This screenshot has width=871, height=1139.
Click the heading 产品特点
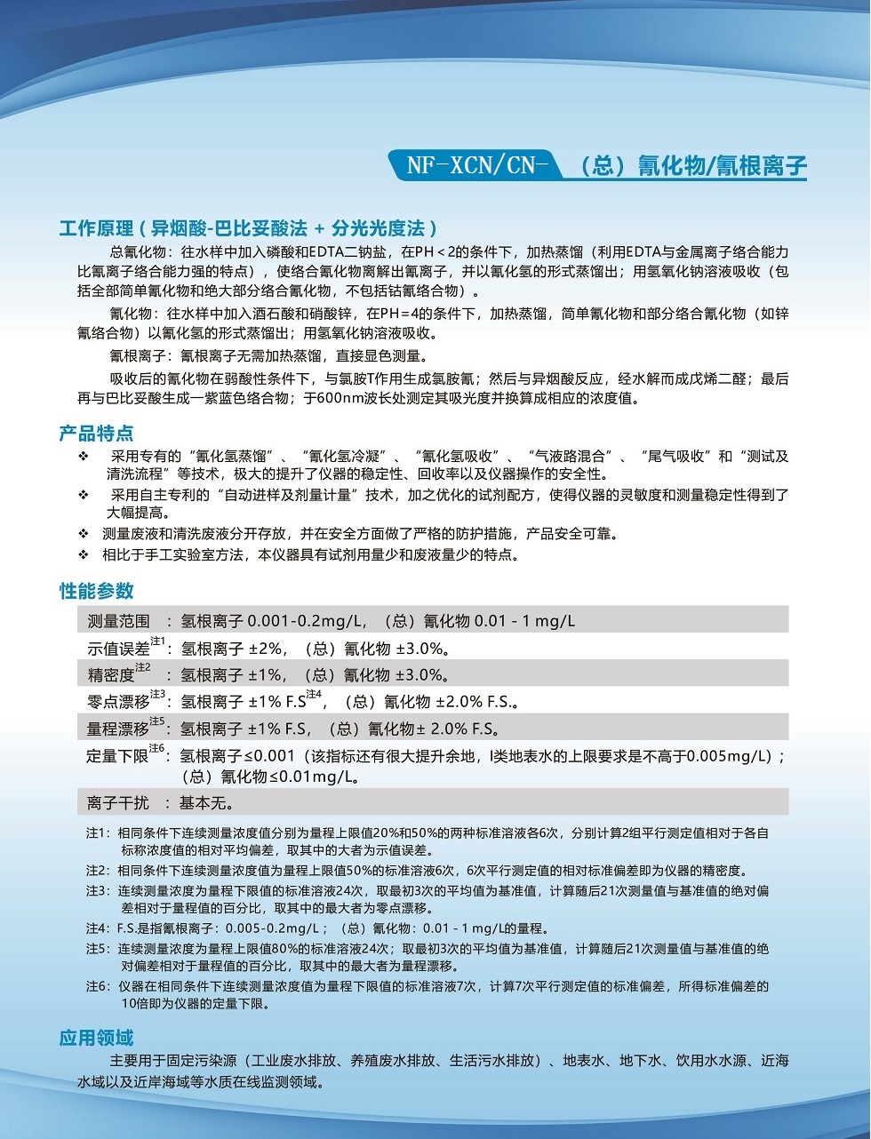pyautogui.click(x=96, y=433)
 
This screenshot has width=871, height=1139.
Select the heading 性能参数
pyautogui.click(x=96, y=591)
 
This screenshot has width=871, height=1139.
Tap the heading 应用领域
pyautogui.click(x=96, y=1037)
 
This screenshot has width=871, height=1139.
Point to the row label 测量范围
pyautogui.click(x=119, y=620)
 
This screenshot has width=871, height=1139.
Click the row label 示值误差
pyautogui.click(x=119, y=648)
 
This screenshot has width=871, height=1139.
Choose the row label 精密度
pyautogui.click(x=111, y=674)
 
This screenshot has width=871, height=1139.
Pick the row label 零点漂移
pyautogui.click(x=119, y=701)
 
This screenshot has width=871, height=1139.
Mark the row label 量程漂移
pyautogui.click(x=119, y=729)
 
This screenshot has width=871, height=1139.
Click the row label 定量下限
pyautogui.click(x=117, y=756)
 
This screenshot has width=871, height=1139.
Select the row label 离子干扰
pyautogui.click(x=118, y=802)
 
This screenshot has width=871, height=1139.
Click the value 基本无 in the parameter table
pyautogui.click(x=205, y=802)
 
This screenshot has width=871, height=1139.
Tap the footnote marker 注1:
pyautogui.click(x=96, y=833)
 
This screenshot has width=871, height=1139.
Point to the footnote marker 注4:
pyautogui.click(x=96, y=928)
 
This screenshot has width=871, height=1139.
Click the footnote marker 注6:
pyautogui.click(x=96, y=986)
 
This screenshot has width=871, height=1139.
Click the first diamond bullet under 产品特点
pyautogui.click(x=84, y=456)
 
